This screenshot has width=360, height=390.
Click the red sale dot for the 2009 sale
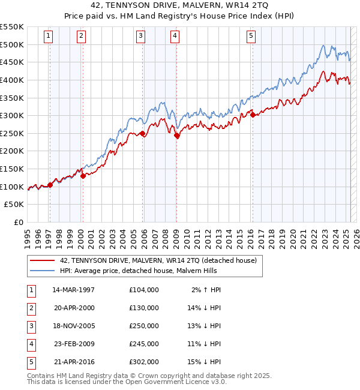point(177,136)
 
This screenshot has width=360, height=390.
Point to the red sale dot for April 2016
point(253,115)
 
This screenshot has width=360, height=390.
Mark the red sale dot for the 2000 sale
point(83,176)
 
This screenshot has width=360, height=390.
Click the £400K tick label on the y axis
point(12,80)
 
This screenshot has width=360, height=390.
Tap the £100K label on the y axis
point(12,187)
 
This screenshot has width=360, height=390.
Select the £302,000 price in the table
point(144,362)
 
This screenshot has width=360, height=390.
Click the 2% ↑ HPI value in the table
point(207,290)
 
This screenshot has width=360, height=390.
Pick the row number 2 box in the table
point(30,308)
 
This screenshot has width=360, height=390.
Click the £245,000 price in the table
point(144,344)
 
